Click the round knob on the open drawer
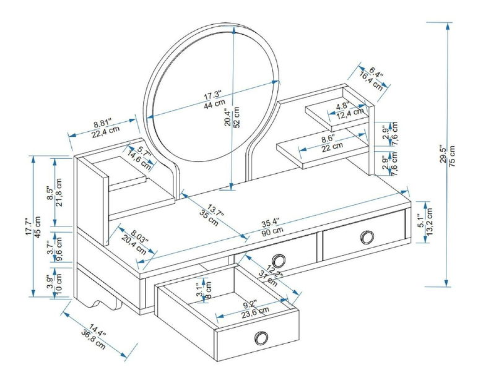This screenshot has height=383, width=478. tap(261, 337)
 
